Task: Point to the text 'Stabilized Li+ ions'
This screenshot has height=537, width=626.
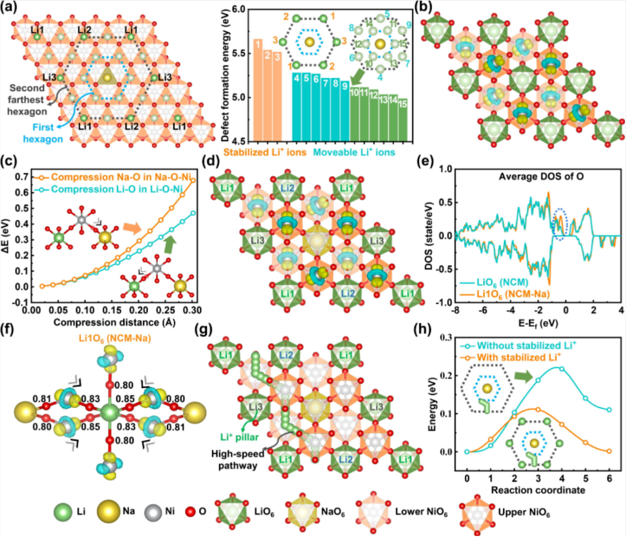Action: (275, 153)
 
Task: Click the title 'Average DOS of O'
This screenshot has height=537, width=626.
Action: (563, 176)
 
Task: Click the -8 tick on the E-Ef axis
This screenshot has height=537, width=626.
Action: (457, 311)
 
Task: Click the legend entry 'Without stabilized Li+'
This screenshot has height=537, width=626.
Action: (519, 343)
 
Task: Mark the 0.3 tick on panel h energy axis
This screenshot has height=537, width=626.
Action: (450, 338)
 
